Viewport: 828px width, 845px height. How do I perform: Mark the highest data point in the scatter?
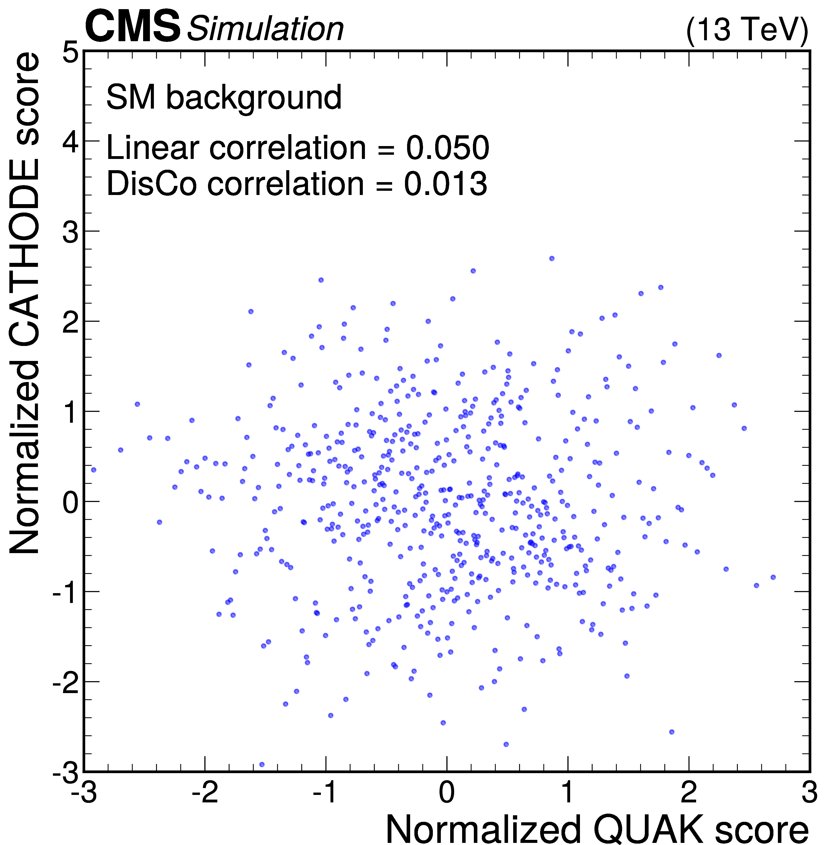[x=551, y=258]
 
